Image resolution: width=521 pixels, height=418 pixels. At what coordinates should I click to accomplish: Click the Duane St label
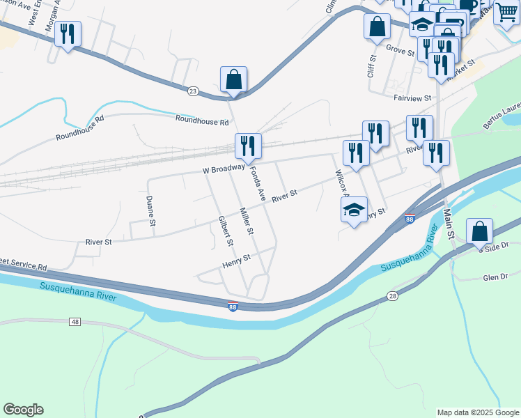pos(150,211)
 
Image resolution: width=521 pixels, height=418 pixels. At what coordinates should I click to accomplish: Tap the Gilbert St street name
pos(224,231)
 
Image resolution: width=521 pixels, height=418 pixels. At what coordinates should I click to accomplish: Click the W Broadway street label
pos(224,169)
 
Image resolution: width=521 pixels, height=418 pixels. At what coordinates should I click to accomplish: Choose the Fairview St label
pos(412,99)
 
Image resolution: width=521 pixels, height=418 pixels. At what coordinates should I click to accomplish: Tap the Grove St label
pos(401,49)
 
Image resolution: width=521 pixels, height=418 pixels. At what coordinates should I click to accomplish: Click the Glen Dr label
pos(495,277)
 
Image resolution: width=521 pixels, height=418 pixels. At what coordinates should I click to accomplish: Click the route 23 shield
pos(193,91)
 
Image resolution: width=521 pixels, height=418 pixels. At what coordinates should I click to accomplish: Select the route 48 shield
pos(75,321)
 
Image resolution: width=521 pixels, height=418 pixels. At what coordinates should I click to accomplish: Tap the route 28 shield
pos(393,297)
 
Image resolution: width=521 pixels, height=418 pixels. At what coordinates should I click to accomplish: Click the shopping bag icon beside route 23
pos(234,79)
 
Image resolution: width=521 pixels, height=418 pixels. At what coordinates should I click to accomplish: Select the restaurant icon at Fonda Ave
pos(248,146)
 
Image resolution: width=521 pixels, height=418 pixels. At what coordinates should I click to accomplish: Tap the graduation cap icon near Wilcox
pos(354,209)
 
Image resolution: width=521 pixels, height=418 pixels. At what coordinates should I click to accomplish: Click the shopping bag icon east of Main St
pos(479,231)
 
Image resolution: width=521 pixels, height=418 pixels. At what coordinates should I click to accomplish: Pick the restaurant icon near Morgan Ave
pos(68,34)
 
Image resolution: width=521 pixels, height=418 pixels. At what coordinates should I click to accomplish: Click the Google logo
pos(23,410)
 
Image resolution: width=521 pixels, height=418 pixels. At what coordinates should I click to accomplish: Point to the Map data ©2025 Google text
pos(478,412)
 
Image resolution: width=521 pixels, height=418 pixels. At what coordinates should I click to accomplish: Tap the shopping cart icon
pos(506,12)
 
